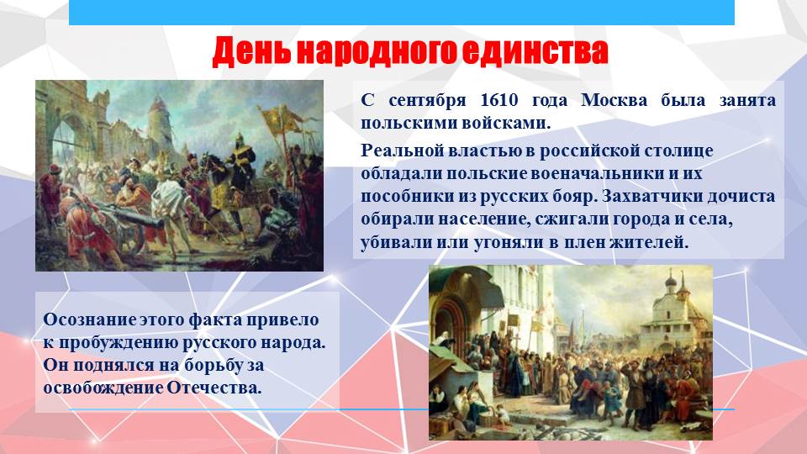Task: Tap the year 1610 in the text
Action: click(x=498, y=99)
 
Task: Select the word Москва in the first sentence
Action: click(x=614, y=99)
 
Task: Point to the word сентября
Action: click(x=427, y=100)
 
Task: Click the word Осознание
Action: click(x=90, y=319)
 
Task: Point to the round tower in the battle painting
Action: click(x=160, y=124)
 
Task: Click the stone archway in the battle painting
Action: click(x=66, y=139)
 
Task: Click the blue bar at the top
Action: click(x=402, y=13)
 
